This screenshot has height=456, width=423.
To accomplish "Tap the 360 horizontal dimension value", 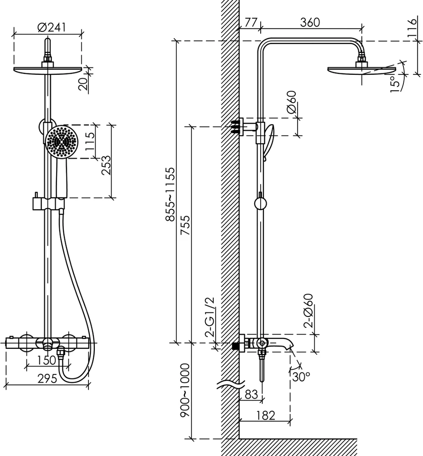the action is [310, 22].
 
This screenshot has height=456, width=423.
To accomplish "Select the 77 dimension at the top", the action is [251, 22].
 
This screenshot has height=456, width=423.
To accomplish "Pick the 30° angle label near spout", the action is [301, 377].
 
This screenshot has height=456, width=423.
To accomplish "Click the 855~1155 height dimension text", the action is [170, 195].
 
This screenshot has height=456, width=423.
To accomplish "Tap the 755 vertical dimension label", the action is [185, 225].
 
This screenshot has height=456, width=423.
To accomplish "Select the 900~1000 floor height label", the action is [185, 390].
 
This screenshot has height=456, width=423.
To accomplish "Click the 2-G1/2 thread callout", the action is [210, 317].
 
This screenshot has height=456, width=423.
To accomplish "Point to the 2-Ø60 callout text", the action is [308, 311].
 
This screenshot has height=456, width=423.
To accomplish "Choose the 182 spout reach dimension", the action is [266, 415].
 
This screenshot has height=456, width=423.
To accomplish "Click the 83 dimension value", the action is [252, 394].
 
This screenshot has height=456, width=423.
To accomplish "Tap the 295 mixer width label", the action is [47, 378].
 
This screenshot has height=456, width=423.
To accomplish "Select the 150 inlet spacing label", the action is [46, 360].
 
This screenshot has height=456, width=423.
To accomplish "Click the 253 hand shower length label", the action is [106, 165].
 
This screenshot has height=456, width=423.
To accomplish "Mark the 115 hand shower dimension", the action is [90, 141].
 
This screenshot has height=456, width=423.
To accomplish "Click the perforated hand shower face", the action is [62, 142].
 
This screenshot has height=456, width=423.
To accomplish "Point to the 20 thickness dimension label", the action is [83, 84].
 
